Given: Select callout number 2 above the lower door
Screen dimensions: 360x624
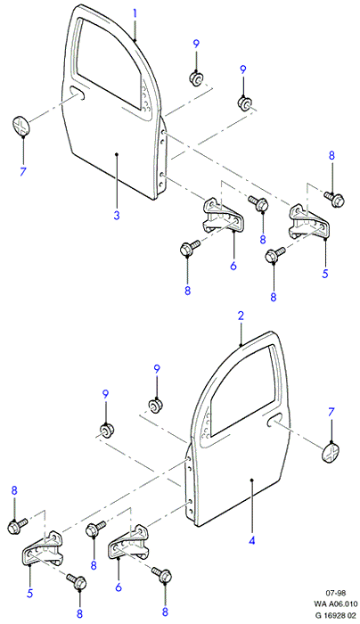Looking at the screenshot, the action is point(241,316).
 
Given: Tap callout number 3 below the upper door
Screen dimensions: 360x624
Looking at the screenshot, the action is point(117,216).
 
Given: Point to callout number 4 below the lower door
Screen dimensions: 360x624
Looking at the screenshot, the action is point(251,540).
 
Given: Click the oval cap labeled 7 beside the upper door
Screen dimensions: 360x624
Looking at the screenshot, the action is point(21,126).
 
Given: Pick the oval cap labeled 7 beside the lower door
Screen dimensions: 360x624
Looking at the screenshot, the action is point(331,453).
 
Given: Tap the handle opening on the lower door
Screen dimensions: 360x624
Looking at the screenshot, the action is point(274,419).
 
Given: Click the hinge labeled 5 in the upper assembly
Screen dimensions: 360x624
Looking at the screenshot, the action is point(308,222).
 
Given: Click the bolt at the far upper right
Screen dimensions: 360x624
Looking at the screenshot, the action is point(334,197).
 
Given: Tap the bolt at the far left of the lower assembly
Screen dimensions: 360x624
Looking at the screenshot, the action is point(17,525).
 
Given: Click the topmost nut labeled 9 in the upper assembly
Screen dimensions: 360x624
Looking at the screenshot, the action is point(195,78).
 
